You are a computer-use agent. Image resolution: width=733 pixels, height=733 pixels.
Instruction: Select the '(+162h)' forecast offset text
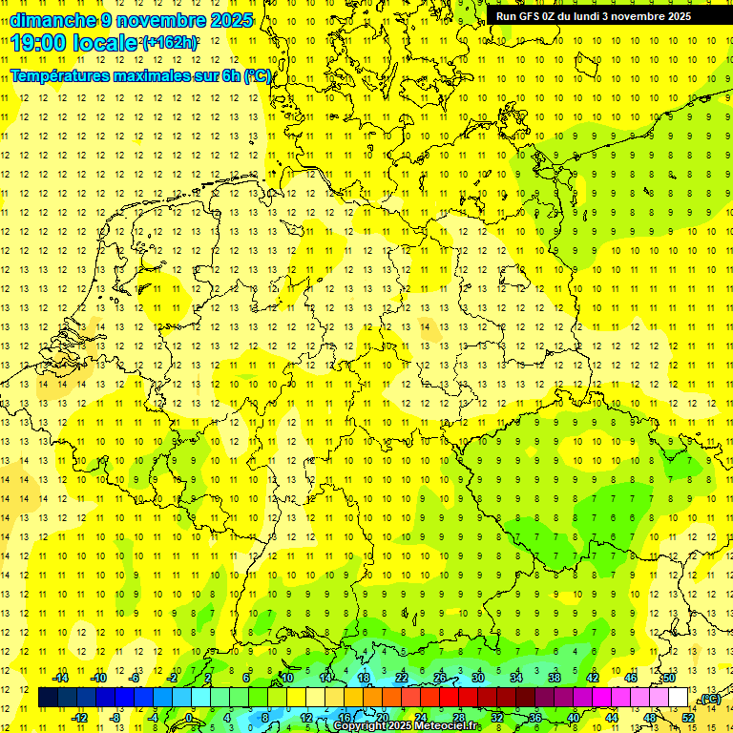[170, 43]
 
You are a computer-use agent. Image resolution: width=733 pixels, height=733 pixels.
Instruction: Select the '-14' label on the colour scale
[61, 678]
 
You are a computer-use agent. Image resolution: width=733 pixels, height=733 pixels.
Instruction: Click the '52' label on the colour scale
[688, 717]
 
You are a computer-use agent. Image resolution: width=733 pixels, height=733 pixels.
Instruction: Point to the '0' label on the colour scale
[189, 717]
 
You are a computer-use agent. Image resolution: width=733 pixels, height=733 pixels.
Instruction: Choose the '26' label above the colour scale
[439, 678]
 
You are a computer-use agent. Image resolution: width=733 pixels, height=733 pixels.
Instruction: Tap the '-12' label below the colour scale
[79, 717]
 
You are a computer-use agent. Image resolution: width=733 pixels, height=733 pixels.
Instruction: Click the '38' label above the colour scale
[554, 678]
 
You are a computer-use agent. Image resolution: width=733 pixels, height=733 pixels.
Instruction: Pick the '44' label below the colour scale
[612, 717]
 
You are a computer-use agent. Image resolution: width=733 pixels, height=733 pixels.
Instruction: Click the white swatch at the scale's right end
[679, 698]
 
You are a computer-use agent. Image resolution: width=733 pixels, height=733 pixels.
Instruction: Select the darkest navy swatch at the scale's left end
[48, 698]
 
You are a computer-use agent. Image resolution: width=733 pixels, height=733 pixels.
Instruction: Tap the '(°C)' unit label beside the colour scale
[709, 699]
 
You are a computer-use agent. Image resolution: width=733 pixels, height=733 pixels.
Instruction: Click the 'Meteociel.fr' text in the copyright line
[448, 726]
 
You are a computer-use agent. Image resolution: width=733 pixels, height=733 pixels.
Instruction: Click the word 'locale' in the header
[108, 42]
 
